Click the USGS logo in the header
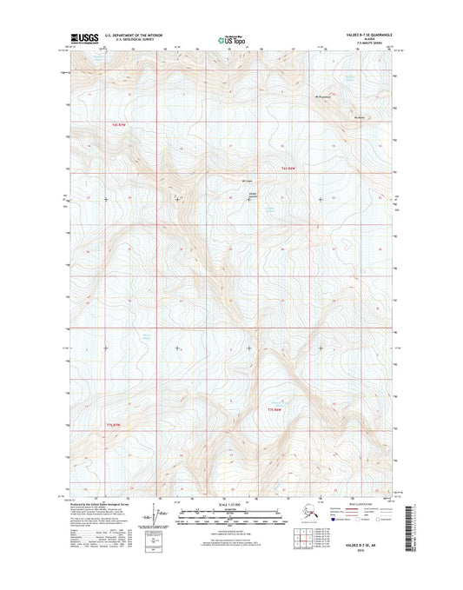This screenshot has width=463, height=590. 80,37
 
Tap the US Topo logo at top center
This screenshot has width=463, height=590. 229,38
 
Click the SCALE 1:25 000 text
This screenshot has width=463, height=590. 231,504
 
